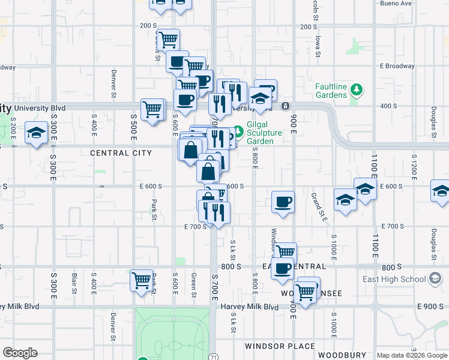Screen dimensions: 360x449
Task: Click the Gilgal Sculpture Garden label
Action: coord(265,137)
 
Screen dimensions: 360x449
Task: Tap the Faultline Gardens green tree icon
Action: coord(357,90)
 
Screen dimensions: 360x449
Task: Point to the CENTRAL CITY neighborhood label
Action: coord(121,153)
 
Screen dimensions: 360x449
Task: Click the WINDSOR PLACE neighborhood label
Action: coord(280,346)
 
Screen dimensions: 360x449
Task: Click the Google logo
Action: coord(20,353)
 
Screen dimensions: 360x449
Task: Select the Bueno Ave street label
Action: coord(396,3)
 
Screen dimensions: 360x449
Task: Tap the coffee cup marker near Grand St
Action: coord(283,202)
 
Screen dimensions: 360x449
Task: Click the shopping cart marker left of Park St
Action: coord(142,280)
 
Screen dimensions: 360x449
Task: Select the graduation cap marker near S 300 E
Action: coord(37,133)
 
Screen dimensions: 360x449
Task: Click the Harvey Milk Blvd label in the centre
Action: coord(250,307)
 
